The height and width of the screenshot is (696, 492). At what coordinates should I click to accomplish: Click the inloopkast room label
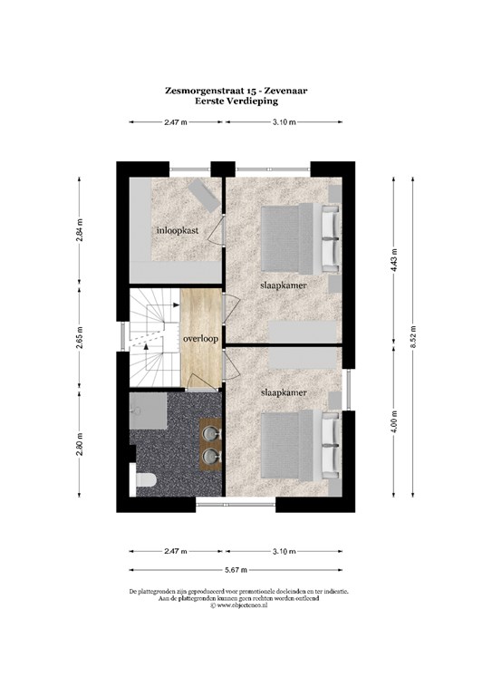coord(178,231)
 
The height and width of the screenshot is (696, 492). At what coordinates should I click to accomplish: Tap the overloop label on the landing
coord(201,339)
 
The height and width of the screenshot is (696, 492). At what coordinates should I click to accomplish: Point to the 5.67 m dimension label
coord(236,570)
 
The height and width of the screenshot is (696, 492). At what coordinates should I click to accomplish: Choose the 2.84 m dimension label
coord(80,230)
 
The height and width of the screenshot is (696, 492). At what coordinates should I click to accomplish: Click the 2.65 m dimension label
coord(80,338)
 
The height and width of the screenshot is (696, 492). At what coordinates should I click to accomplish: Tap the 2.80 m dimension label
coord(80,444)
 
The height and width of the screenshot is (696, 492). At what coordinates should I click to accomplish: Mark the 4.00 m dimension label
coord(394,422)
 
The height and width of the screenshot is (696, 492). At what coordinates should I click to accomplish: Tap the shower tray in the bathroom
coord(149,411)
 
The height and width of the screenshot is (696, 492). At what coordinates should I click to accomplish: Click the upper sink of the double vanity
coord(211,433)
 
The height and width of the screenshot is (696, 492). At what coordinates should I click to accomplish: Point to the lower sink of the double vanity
coord(211,456)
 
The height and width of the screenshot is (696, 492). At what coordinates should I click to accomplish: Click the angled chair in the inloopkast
coord(204,196)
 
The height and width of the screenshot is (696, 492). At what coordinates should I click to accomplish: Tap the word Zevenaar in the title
coord(285,91)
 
